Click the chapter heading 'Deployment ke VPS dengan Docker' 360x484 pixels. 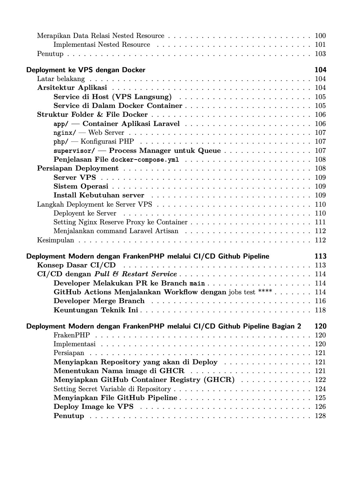point(86,70)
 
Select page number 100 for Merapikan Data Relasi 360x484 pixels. point(320,36)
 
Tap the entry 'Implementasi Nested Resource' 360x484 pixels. point(102,45)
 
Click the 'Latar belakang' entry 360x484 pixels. point(61,79)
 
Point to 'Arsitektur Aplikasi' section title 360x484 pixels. point(72,88)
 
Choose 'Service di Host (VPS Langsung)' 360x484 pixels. point(113,97)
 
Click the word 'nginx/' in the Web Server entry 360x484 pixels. point(65,133)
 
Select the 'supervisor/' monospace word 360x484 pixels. point(74,151)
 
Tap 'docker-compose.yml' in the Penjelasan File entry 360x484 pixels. point(145,159)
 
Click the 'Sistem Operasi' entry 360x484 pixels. point(81,186)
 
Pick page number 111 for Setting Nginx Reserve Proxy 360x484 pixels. point(320,222)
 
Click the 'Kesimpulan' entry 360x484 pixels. point(56,240)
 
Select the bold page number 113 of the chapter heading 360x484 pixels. point(320,256)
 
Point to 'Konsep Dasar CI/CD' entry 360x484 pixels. point(76,265)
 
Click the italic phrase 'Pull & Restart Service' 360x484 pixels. point(136,274)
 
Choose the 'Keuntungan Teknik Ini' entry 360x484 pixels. point(96,310)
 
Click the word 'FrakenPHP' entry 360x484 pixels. point(71,335)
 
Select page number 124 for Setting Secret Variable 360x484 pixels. point(320,389)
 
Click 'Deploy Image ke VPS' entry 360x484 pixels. point(93,407)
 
